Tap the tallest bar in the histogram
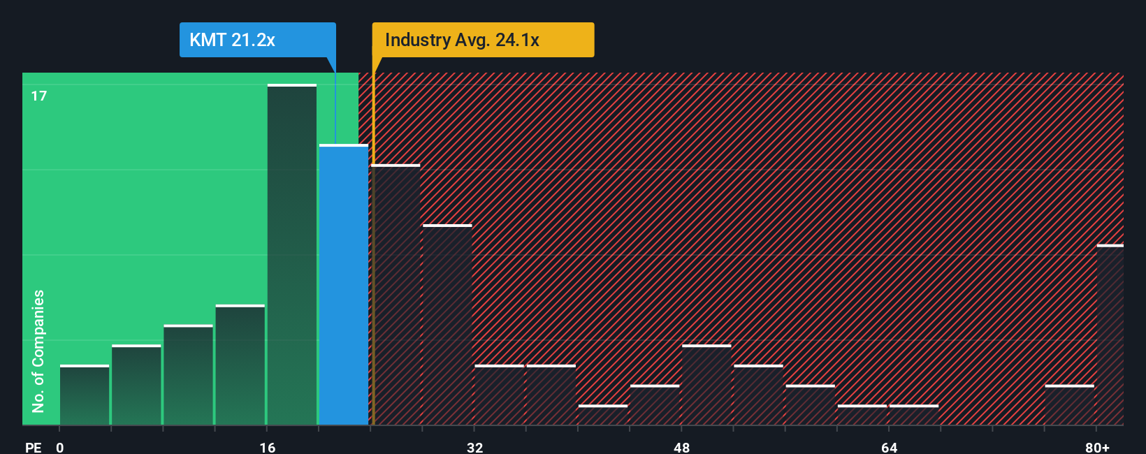[x=292, y=255]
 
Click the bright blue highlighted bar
[x=344, y=285]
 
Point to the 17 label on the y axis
[x=39, y=96]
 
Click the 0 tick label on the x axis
[x=60, y=447]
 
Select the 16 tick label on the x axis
[x=267, y=447]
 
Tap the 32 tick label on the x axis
[x=474, y=447]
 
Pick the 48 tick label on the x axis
[x=681, y=447]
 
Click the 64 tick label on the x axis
[x=889, y=447]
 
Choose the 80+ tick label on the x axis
[x=1097, y=447]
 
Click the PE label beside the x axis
[x=33, y=447]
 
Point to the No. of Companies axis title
[x=38, y=351]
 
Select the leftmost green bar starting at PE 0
[x=85, y=395]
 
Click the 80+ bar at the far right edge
[x=1110, y=335]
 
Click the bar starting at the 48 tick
[x=706, y=385]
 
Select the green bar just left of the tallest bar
[x=240, y=365]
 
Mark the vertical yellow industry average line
[x=372, y=244]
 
